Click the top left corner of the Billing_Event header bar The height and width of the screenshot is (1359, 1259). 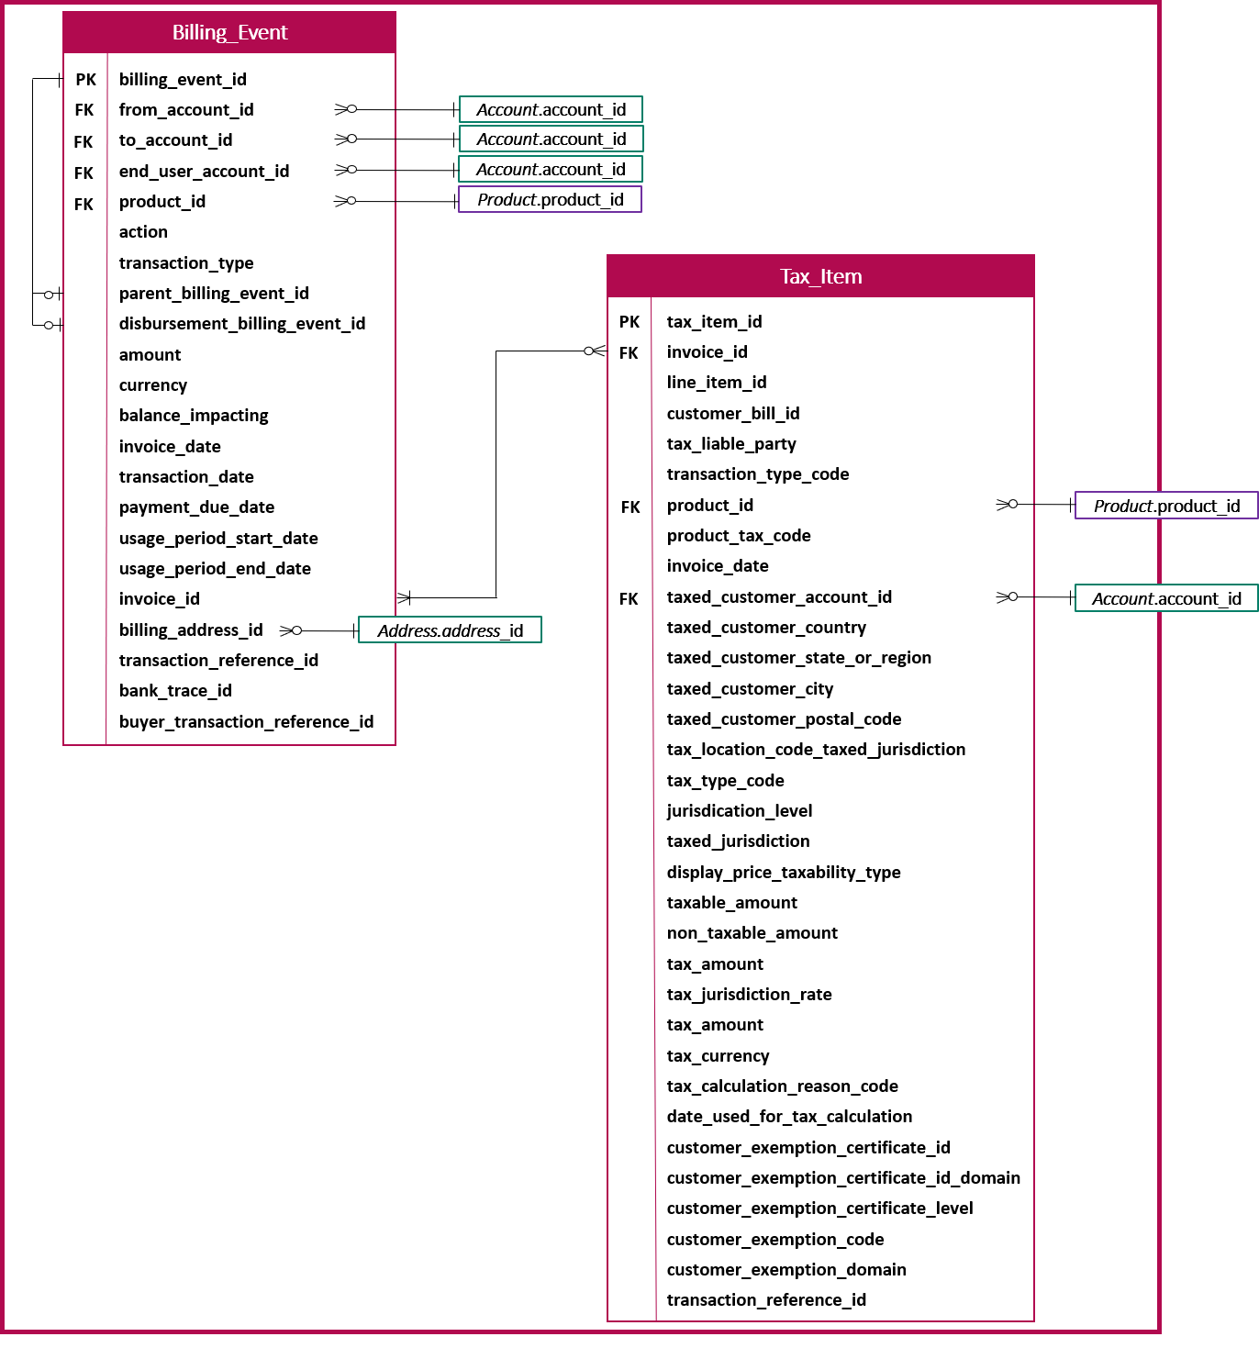63,12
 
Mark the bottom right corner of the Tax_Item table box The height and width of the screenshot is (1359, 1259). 1034,1321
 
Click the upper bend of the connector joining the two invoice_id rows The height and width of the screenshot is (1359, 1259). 496,351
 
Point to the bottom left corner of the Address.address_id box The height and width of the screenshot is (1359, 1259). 359,642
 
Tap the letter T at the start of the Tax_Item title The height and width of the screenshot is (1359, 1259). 785,276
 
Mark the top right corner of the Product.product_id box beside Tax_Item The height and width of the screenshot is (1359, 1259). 1258,492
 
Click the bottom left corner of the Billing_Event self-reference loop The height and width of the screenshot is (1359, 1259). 33,325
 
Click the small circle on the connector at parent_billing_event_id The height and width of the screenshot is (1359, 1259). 49,295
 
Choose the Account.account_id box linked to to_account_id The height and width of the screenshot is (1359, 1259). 552,139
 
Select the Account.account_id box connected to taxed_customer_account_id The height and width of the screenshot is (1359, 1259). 1166,598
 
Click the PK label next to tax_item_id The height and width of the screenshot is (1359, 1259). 629,321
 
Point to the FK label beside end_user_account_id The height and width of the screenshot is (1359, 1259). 84,173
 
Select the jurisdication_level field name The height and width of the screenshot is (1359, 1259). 740,811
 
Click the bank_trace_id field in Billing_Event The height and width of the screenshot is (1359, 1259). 175,690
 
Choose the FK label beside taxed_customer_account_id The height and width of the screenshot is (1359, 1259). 629,599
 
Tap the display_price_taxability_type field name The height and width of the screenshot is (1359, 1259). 783,873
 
